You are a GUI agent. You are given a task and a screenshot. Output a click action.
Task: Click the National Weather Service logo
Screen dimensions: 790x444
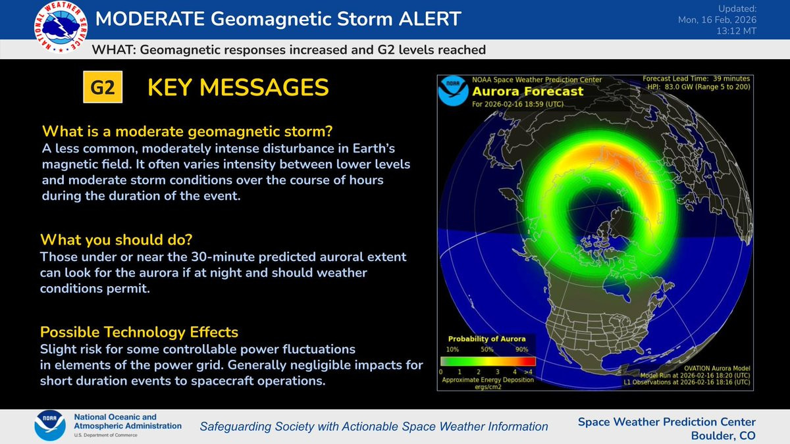coord(61,27)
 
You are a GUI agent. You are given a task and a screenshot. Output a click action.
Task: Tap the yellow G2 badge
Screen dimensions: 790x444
coord(103,87)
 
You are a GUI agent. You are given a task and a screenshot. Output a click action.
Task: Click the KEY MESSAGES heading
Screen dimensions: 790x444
coord(238,87)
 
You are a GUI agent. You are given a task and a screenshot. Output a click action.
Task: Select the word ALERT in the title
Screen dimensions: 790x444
coord(430,18)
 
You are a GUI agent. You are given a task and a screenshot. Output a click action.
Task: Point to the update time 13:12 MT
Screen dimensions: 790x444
coord(736,31)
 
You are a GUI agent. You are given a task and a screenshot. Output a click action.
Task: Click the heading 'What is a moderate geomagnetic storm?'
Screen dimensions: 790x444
coord(187,132)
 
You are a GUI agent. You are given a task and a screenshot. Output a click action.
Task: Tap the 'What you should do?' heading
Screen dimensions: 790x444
coord(117,239)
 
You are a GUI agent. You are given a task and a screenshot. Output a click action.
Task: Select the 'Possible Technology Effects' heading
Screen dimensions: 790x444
coord(140,332)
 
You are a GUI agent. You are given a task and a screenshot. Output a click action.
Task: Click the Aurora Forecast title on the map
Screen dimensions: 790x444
coord(527,91)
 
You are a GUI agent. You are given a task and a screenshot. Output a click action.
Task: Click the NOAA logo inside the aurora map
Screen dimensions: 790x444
coord(453,91)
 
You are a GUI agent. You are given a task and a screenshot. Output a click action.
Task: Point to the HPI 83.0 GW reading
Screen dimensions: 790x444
coord(698,87)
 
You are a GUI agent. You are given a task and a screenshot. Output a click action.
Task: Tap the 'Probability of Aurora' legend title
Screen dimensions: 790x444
coord(487,339)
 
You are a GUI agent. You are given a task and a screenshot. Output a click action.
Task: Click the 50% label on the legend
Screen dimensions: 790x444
coord(487,349)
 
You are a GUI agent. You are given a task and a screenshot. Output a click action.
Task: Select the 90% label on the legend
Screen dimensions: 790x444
coord(521,349)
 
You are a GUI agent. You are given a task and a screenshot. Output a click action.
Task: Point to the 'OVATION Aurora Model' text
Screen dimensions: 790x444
coord(717,368)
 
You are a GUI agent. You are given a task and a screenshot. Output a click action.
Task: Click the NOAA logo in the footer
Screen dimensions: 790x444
coord(50,426)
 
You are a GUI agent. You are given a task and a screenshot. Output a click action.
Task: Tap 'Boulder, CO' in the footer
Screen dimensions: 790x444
coord(723,435)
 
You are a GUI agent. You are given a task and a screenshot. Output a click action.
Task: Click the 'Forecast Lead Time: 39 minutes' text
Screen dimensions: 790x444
coord(697,78)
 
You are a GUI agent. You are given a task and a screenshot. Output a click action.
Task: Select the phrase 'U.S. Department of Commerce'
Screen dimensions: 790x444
coord(105,435)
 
